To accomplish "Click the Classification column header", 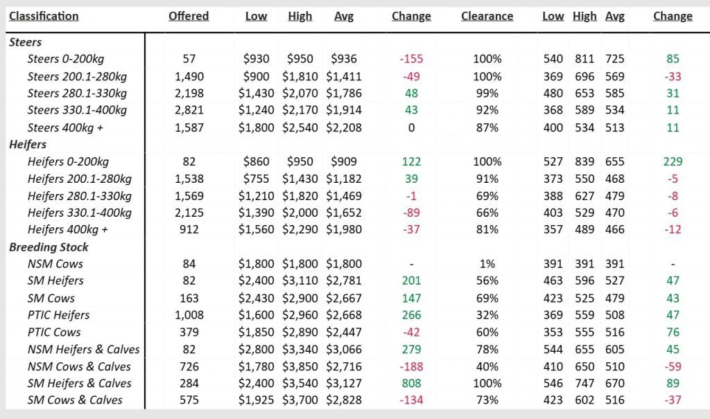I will click(44, 16).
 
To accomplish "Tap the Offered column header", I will click(188, 16).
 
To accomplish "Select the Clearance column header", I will click(487, 16).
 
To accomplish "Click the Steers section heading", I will click(26, 42).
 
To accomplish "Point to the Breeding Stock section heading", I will click(49, 247).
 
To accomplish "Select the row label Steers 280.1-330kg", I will click(77, 93).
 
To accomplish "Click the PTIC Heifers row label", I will click(58, 315).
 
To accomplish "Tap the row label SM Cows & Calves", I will click(75, 400).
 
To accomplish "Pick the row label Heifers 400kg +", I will click(69, 230).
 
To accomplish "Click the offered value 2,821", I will click(188, 111).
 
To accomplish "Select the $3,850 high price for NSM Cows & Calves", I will click(300, 366).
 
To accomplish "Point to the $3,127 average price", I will click(343, 384).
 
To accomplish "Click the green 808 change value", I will click(411, 384).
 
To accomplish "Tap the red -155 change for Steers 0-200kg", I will click(411, 60).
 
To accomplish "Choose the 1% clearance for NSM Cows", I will click(487, 264).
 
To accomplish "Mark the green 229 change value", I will click(673, 162).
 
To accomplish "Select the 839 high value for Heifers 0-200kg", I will click(585, 162).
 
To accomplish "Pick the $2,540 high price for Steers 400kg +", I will click(300, 127).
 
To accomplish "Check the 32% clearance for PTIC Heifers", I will click(487, 315).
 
